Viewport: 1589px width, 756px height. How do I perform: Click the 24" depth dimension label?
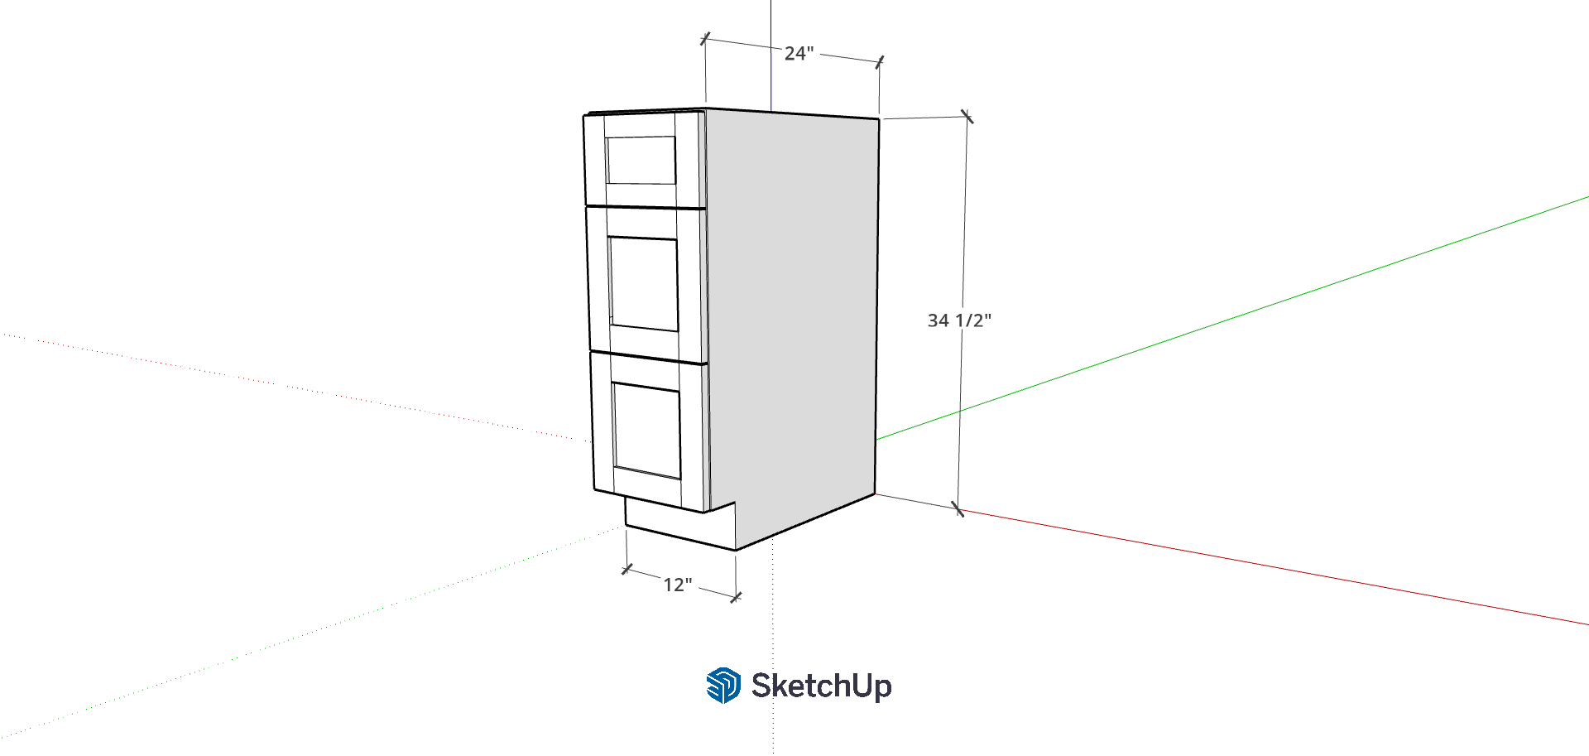(799, 54)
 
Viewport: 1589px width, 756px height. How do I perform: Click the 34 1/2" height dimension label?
(959, 320)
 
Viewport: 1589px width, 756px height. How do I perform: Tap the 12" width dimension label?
(678, 585)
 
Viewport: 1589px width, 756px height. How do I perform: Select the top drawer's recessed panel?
(641, 160)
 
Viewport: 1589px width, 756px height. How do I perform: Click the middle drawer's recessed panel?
(644, 283)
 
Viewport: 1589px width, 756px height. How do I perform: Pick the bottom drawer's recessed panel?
(647, 430)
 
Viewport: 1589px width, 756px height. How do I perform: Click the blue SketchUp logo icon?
(723, 686)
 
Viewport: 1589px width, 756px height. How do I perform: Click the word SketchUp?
(822, 686)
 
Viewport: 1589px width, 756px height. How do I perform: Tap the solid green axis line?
(1232, 318)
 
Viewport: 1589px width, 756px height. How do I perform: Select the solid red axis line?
(1274, 567)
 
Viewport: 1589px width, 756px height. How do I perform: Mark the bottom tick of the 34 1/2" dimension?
(958, 508)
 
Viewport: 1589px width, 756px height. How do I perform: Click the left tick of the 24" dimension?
(705, 39)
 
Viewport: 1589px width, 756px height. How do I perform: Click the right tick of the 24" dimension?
(880, 62)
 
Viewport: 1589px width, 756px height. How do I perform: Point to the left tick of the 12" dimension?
(627, 570)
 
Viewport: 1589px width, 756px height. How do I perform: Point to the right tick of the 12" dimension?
(736, 597)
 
